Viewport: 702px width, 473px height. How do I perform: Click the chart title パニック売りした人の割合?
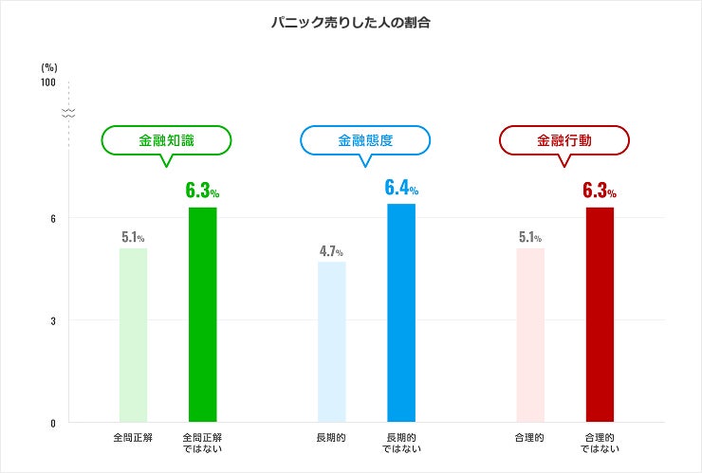coord(351,23)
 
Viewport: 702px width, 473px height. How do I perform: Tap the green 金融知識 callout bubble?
coord(166,140)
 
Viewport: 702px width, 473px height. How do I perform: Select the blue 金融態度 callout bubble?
coord(365,140)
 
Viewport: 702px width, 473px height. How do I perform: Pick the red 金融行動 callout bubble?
coord(563,140)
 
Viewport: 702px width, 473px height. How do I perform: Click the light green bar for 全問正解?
coord(133,336)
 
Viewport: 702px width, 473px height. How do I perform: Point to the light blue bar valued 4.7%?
coord(332,342)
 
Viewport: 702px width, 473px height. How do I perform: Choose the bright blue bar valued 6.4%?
coord(401,313)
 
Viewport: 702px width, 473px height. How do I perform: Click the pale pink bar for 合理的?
coord(530,336)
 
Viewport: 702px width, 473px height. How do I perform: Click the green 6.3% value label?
coord(202,191)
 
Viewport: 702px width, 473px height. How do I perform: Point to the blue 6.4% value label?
coord(401,188)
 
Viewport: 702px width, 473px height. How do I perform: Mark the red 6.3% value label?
coord(600,191)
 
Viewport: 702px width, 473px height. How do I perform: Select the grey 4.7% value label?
coord(331,251)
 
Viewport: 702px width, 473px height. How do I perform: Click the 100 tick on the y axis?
coord(48,82)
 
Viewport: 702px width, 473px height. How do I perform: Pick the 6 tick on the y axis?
coord(53,219)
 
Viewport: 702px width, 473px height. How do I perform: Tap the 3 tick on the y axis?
coord(53,321)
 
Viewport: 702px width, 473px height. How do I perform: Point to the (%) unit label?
coord(49,67)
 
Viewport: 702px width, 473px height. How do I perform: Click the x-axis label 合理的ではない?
coord(600,444)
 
